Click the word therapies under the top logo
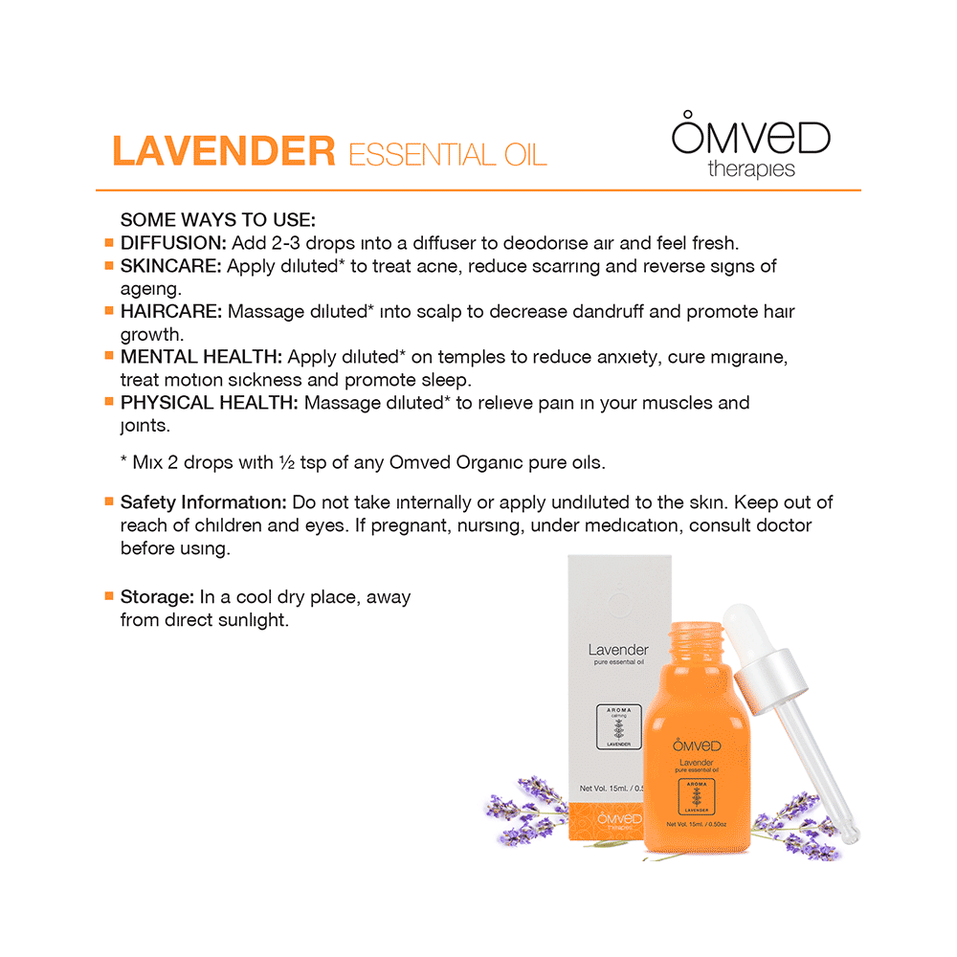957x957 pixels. (751, 169)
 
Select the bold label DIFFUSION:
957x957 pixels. (173, 242)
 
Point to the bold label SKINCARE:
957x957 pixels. (171, 266)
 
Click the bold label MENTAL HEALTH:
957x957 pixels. (201, 357)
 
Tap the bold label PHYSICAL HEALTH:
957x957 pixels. (210, 403)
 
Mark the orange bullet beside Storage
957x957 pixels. (108, 596)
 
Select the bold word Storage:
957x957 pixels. (157, 597)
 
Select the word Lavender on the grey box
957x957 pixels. (618, 650)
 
